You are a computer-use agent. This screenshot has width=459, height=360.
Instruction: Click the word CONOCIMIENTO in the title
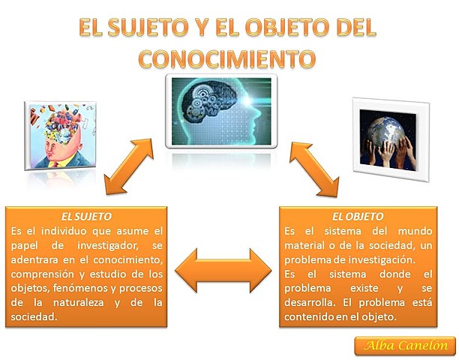tap(229, 57)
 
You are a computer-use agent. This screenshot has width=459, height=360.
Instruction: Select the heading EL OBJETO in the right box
tap(357, 216)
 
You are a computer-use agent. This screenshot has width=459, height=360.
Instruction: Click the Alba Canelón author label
tap(405, 345)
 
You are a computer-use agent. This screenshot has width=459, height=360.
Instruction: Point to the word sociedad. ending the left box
tap(35, 317)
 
